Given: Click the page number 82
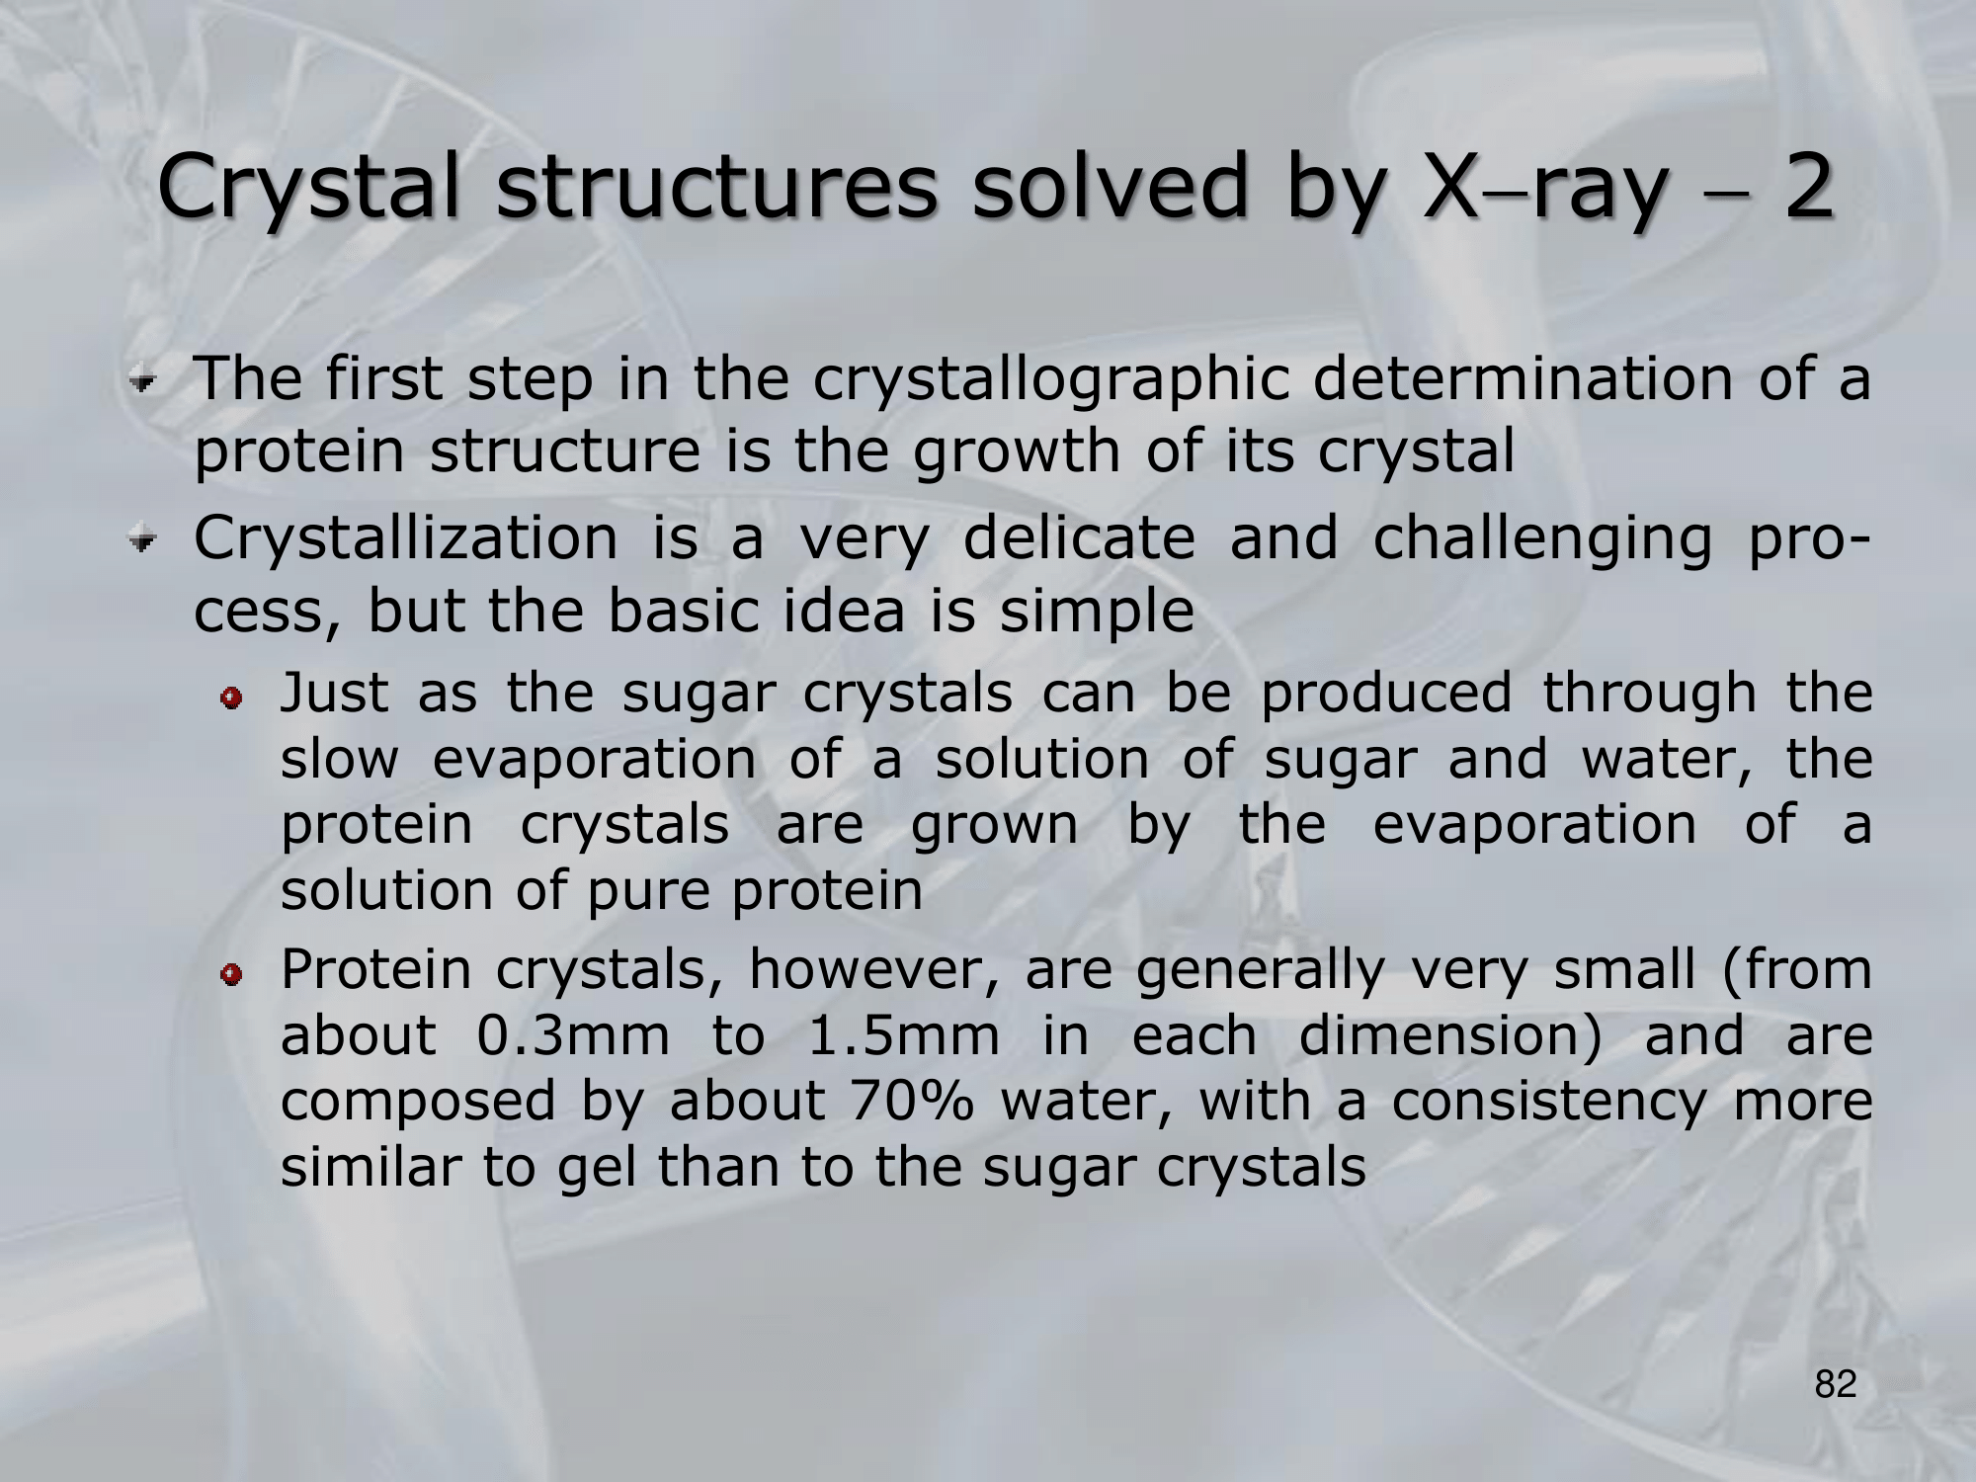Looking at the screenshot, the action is [x=1836, y=1385].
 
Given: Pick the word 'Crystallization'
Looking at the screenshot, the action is [x=405, y=538].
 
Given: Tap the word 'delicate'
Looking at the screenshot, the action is [x=1079, y=538].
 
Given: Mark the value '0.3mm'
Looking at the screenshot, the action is [x=572, y=1036].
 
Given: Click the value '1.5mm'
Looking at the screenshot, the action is [x=903, y=1036].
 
